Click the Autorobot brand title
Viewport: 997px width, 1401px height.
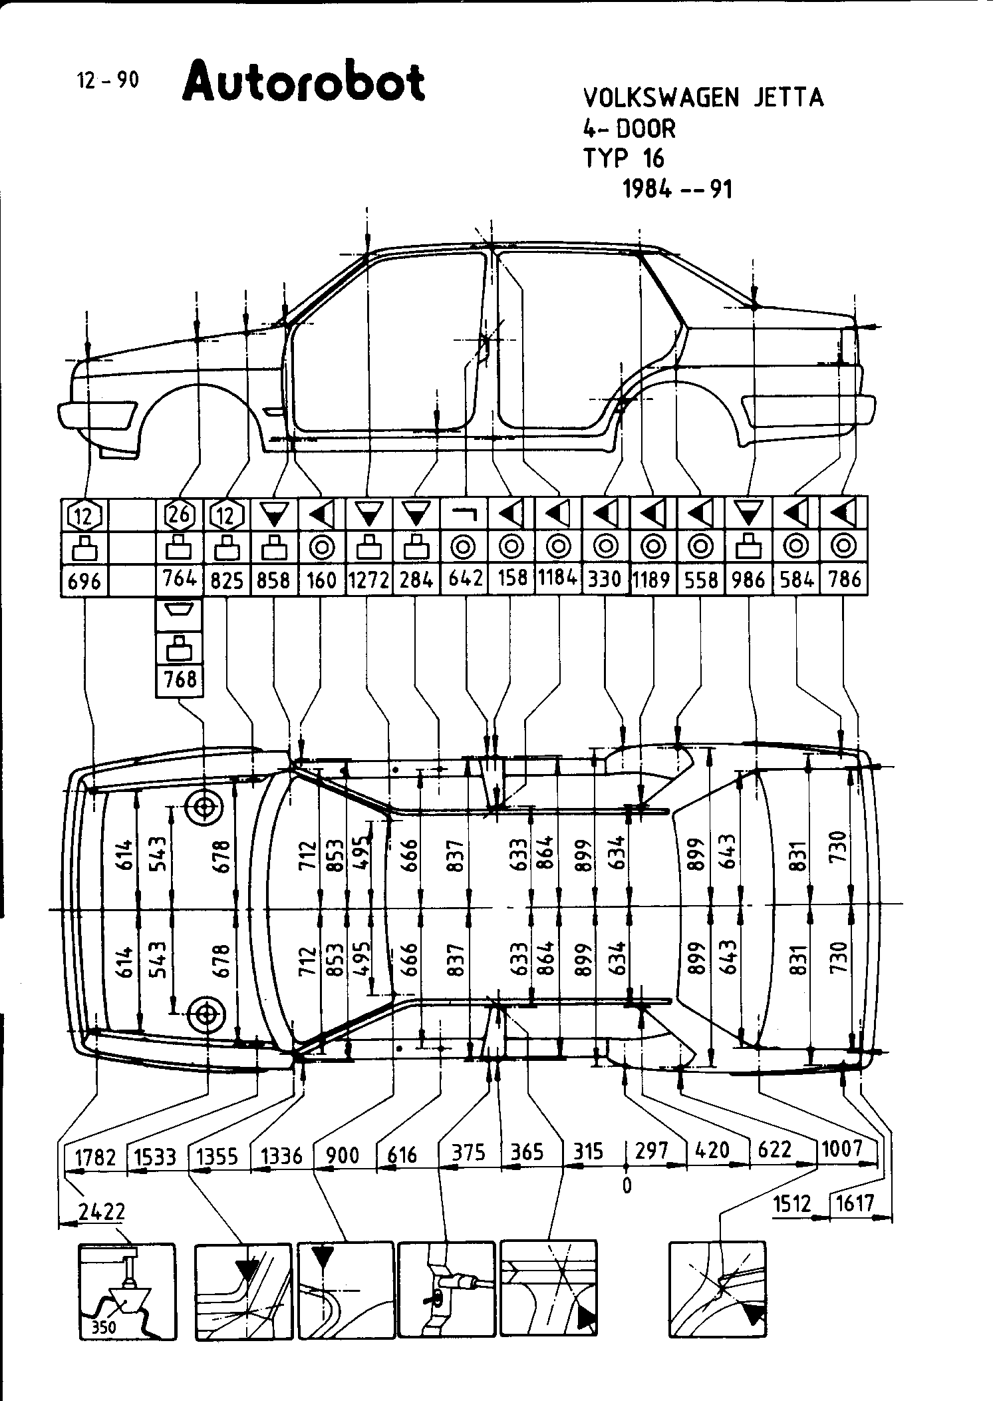[303, 83]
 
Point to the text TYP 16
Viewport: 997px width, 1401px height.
[623, 158]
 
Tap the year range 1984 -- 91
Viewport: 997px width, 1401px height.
[677, 190]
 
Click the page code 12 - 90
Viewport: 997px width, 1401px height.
[108, 81]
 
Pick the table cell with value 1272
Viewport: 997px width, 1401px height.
[368, 580]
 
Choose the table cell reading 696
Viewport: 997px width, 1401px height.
[84, 581]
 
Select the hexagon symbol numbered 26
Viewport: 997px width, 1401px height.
[180, 514]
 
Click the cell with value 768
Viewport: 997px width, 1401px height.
[180, 680]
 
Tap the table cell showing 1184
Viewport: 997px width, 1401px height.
[557, 578]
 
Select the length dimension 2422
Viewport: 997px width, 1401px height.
[102, 1211]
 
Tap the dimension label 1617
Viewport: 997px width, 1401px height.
[853, 1203]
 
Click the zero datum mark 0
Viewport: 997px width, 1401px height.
[627, 1185]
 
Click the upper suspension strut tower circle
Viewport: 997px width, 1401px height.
[205, 807]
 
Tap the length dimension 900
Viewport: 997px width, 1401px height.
[343, 1155]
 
